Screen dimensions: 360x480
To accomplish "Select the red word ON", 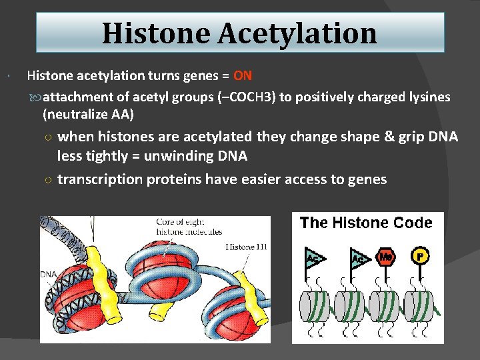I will click(243, 75).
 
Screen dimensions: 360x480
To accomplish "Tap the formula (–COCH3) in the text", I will click(246, 97).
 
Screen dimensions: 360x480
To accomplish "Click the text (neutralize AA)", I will click(88, 115).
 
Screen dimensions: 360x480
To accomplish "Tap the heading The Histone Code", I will click(366, 223).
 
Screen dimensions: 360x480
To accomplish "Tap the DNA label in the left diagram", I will click(49, 274).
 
